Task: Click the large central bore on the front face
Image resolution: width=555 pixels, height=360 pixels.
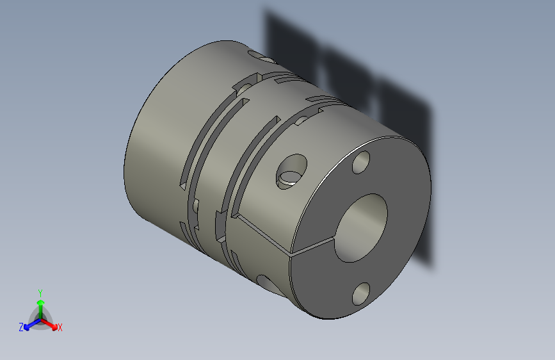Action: [x=362, y=227]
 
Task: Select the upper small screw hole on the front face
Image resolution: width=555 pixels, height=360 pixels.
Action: [x=361, y=162]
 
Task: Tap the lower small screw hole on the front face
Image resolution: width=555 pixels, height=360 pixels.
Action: [x=362, y=293]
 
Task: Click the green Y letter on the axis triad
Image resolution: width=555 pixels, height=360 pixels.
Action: [x=40, y=291]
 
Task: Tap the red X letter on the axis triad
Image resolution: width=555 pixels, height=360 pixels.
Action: [x=60, y=327]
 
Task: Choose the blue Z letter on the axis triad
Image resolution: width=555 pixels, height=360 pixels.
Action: [x=21, y=327]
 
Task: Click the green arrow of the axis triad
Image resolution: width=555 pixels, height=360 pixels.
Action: [x=40, y=304]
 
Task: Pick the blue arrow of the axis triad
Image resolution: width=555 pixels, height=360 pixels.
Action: [x=29, y=323]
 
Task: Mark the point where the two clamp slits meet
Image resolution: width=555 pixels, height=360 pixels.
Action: [x=291, y=254]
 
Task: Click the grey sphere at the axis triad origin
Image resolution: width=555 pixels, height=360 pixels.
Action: [x=40, y=318]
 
